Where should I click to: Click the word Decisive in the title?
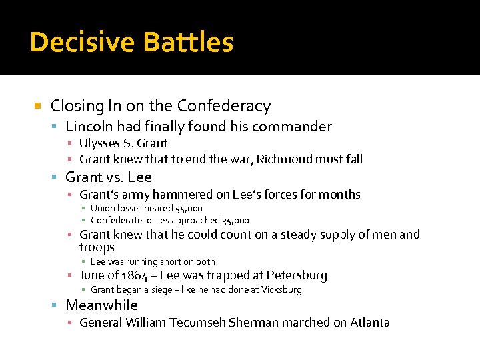pyautogui.click(x=75, y=42)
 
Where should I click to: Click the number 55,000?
pyautogui.click(x=189, y=209)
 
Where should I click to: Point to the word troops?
pyautogui.click(x=97, y=247)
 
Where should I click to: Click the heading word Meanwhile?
pyautogui.click(x=101, y=305)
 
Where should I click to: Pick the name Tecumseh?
pyautogui.click(x=197, y=323)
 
